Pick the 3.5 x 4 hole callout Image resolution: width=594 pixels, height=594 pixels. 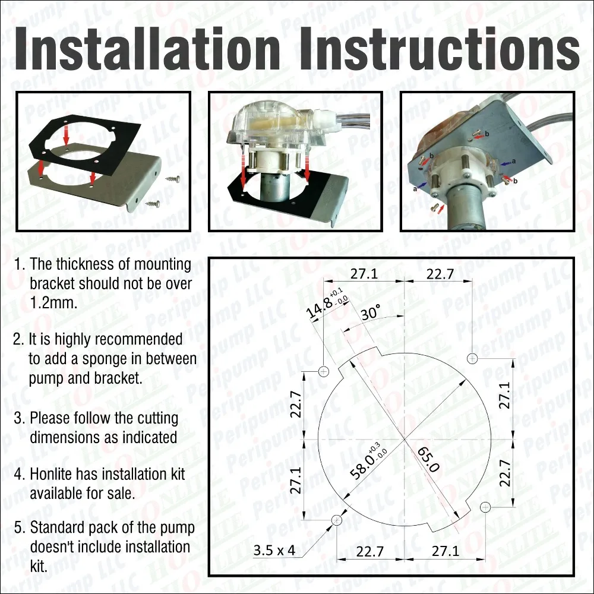coord(274,550)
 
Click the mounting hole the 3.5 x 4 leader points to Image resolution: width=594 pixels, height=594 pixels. coord(337,520)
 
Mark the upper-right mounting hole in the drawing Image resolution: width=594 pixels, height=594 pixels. coord(472,358)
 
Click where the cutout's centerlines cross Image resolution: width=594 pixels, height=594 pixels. coord(405,439)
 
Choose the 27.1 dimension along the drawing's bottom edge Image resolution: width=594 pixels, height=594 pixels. coord(445,551)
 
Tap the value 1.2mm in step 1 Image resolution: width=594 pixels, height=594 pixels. coord(53,303)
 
